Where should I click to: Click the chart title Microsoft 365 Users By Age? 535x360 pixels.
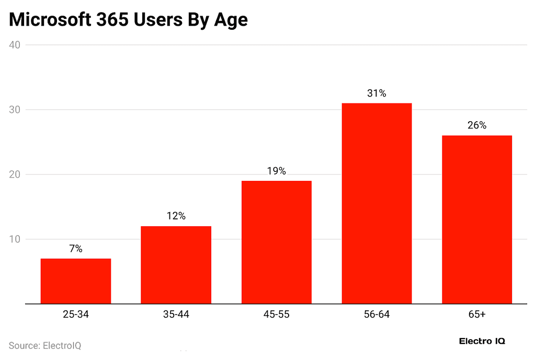(x=128, y=20)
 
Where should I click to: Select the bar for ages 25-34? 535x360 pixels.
(x=76, y=281)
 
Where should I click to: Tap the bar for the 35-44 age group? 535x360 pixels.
(x=176, y=265)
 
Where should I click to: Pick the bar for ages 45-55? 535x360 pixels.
(x=276, y=242)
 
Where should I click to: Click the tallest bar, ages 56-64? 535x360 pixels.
(x=377, y=204)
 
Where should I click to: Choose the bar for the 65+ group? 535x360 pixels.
(x=477, y=219)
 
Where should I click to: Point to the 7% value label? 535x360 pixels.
(x=76, y=249)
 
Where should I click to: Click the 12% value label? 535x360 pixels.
(x=176, y=216)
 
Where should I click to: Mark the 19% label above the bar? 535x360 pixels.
(x=276, y=171)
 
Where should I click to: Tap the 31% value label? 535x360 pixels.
(x=377, y=94)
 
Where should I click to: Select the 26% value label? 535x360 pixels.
(x=477, y=125)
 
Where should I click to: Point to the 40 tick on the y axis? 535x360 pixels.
(x=15, y=45)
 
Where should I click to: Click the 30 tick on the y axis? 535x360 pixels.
(x=15, y=110)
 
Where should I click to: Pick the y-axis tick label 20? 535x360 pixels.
(x=15, y=175)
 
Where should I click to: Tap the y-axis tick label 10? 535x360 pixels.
(x=15, y=239)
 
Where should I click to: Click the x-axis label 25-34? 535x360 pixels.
(x=76, y=315)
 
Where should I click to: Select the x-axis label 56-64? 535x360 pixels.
(x=377, y=315)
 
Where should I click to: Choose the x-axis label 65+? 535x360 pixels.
(x=477, y=315)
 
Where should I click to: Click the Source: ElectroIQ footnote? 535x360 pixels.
(x=45, y=345)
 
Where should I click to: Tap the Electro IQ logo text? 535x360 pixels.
(x=482, y=341)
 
